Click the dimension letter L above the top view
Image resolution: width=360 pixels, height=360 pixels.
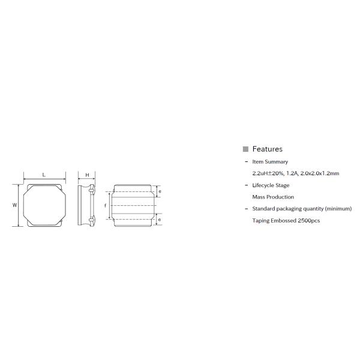44,175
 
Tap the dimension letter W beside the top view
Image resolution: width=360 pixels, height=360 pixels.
14,205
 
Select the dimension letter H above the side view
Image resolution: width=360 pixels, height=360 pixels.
87,175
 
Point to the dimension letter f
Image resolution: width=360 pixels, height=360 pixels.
106,205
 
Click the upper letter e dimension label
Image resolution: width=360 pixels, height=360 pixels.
160,191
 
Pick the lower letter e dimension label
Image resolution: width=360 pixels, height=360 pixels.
160,220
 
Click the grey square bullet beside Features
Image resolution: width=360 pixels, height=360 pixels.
245,149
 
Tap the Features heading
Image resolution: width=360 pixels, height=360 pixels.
267,149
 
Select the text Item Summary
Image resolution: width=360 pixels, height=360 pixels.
270,161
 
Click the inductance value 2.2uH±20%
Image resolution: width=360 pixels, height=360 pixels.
268,173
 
